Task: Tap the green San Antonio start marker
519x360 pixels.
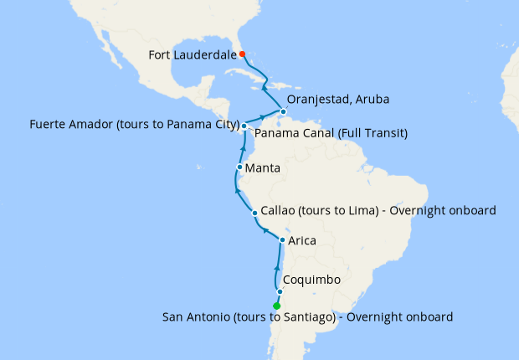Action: coord(277,306)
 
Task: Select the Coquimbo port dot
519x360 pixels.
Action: coord(280,291)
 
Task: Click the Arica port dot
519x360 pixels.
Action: coord(282,240)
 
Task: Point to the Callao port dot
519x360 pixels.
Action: coord(254,213)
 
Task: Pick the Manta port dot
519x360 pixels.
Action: coord(239,167)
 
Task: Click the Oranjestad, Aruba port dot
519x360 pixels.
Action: coord(284,112)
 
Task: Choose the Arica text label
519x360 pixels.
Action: coord(302,241)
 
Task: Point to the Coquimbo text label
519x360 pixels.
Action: coord(311,280)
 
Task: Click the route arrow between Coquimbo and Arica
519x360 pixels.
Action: coord(277,265)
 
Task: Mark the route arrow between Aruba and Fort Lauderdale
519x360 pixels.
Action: coord(263,85)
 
